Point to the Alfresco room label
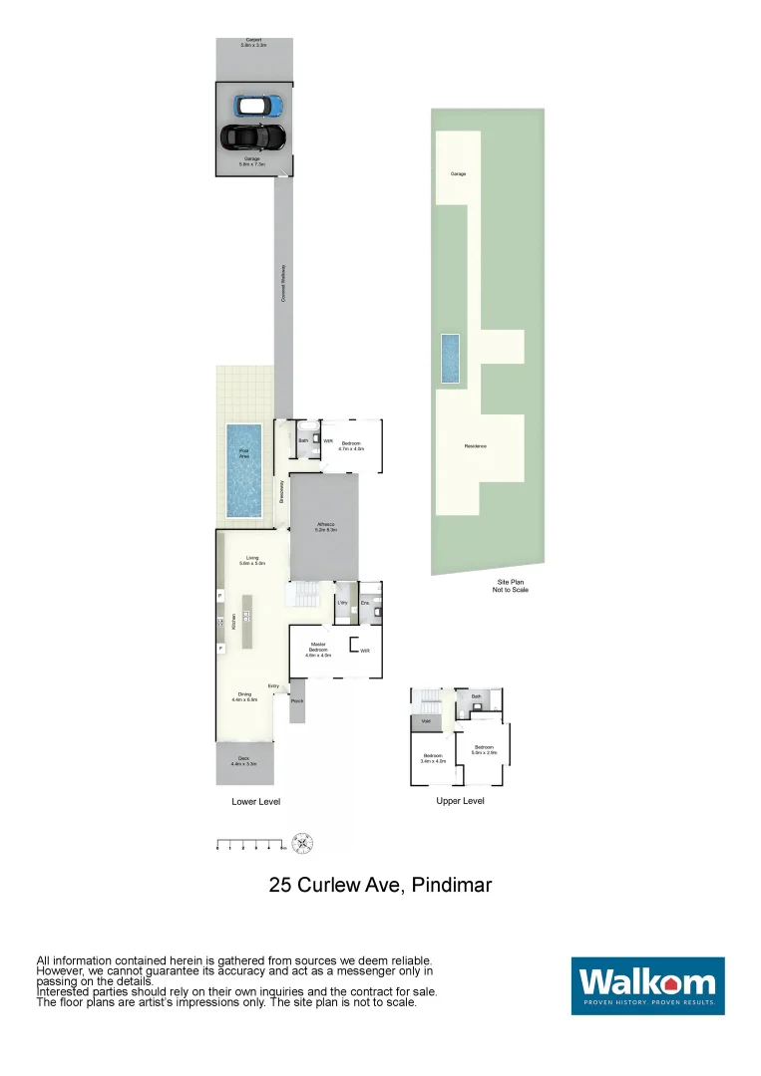[324, 526]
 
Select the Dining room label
[244, 696]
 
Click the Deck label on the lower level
[244, 762]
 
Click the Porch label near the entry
[296, 701]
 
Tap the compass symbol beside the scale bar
[303, 843]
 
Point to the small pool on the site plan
[451, 359]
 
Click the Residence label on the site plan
[475, 446]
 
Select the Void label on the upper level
[426, 721]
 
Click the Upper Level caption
[460, 801]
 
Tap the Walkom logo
[647, 985]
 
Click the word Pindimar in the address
[452, 884]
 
